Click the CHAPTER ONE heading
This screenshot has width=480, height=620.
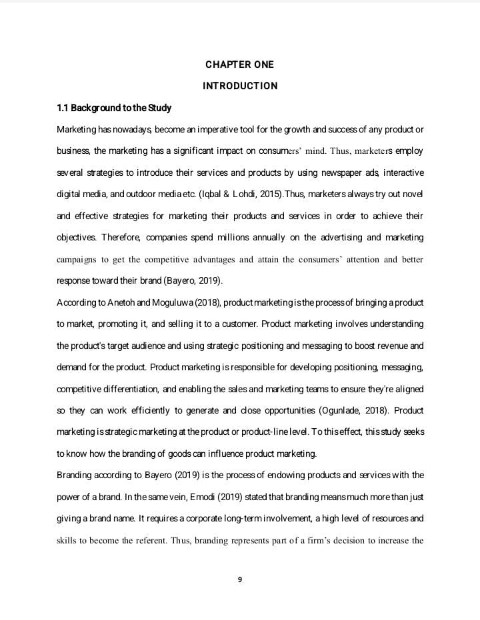(239, 65)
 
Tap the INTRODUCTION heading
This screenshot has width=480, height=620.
(239, 86)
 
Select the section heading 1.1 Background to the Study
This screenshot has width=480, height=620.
(114, 108)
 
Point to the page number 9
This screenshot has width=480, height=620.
(240, 579)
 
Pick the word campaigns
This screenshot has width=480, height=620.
(77, 260)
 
